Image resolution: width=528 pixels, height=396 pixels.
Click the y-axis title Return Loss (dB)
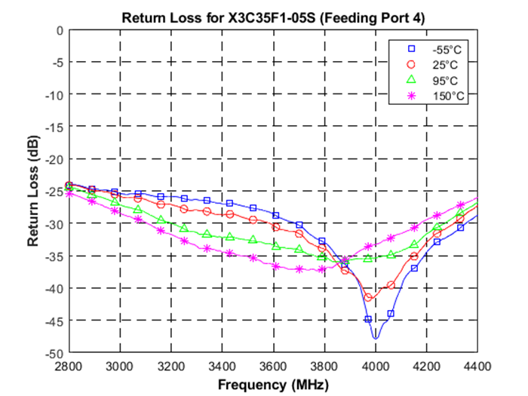click(x=33, y=191)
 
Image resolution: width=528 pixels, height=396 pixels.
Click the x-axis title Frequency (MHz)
click(x=272, y=384)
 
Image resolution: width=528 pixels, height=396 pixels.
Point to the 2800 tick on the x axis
click(x=69, y=366)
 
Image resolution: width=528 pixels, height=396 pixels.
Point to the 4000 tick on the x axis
click(x=375, y=366)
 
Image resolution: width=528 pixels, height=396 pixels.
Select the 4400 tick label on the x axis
click(x=477, y=366)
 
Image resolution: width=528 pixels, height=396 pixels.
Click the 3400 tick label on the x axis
click(x=222, y=366)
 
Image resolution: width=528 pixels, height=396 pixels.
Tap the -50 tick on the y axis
click(x=54, y=353)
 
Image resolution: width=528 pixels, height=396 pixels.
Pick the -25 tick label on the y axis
click(x=54, y=192)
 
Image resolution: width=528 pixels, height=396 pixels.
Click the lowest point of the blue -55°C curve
click(x=375, y=338)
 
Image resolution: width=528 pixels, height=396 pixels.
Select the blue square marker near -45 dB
click(x=368, y=319)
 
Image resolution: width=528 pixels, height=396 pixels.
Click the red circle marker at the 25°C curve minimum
click(x=368, y=297)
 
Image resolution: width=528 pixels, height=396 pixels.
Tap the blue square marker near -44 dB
click(x=391, y=313)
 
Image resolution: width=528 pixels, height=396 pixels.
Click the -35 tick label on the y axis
click(x=54, y=256)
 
